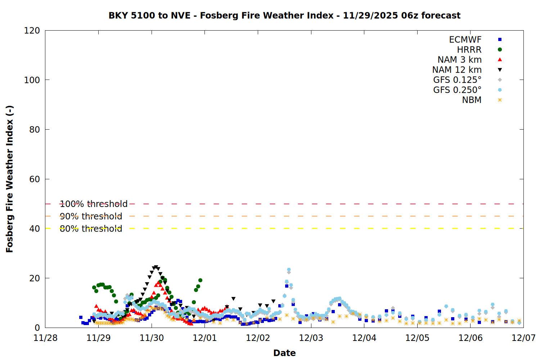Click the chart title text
click(x=284, y=15)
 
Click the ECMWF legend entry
click(x=465, y=40)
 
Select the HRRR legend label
click(x=469, y=50)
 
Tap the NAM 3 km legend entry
click(x=459, y=60)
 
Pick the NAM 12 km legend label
click(x=457, y=70)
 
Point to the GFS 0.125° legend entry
click(x=457, y=80)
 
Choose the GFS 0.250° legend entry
click(x=457, y=90)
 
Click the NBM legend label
click(x=472, y=100)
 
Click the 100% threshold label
click(x=94, y=204)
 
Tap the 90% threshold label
click(x=91, y=216)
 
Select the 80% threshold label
click(x=91, y=229)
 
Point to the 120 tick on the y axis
click(x=32, y=31)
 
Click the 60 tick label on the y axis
click(x=35, y=179)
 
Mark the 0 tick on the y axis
click(x=37, y=328)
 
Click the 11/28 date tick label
click(x=45, y=338)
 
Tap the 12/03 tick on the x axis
click(x=311, y=338)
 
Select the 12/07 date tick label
click(x=523, y=338)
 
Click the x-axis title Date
click(x=284, y=353)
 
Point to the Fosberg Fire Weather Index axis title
click(x=10, y=179)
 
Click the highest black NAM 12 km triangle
click(x=156, y=267)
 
